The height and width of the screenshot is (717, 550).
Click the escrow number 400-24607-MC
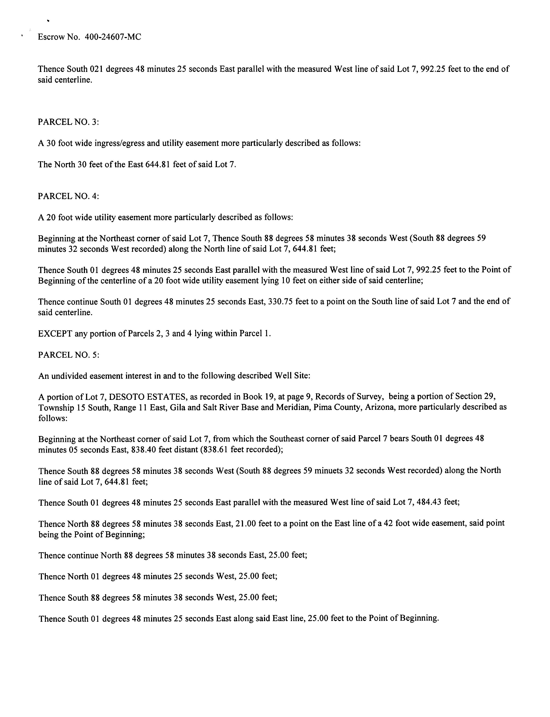tap(113, 37)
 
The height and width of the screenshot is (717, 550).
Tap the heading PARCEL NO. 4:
tap(68, 196)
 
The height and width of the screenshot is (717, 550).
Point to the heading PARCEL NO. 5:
tap(68, 355)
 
